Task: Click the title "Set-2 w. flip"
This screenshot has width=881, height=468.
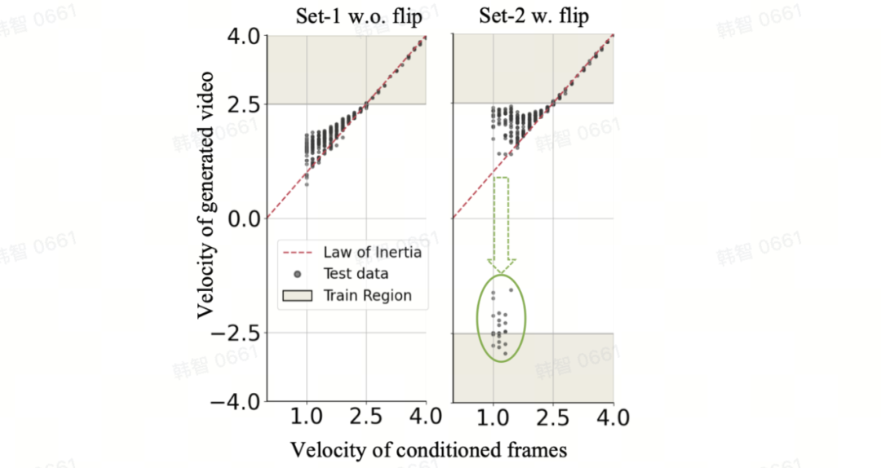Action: [x=533, y=17]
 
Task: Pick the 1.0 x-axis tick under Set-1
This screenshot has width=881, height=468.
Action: [x=306, y=418]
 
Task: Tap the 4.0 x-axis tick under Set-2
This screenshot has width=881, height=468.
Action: [x=612, y=418]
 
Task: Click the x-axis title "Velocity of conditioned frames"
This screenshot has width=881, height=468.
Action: [x=428, y=449]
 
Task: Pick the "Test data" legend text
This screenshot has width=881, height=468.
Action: [x=356, y=273]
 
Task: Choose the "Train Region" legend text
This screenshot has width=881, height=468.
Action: [x=367, y=295]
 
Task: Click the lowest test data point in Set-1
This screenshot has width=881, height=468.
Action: [x=307, y=185]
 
